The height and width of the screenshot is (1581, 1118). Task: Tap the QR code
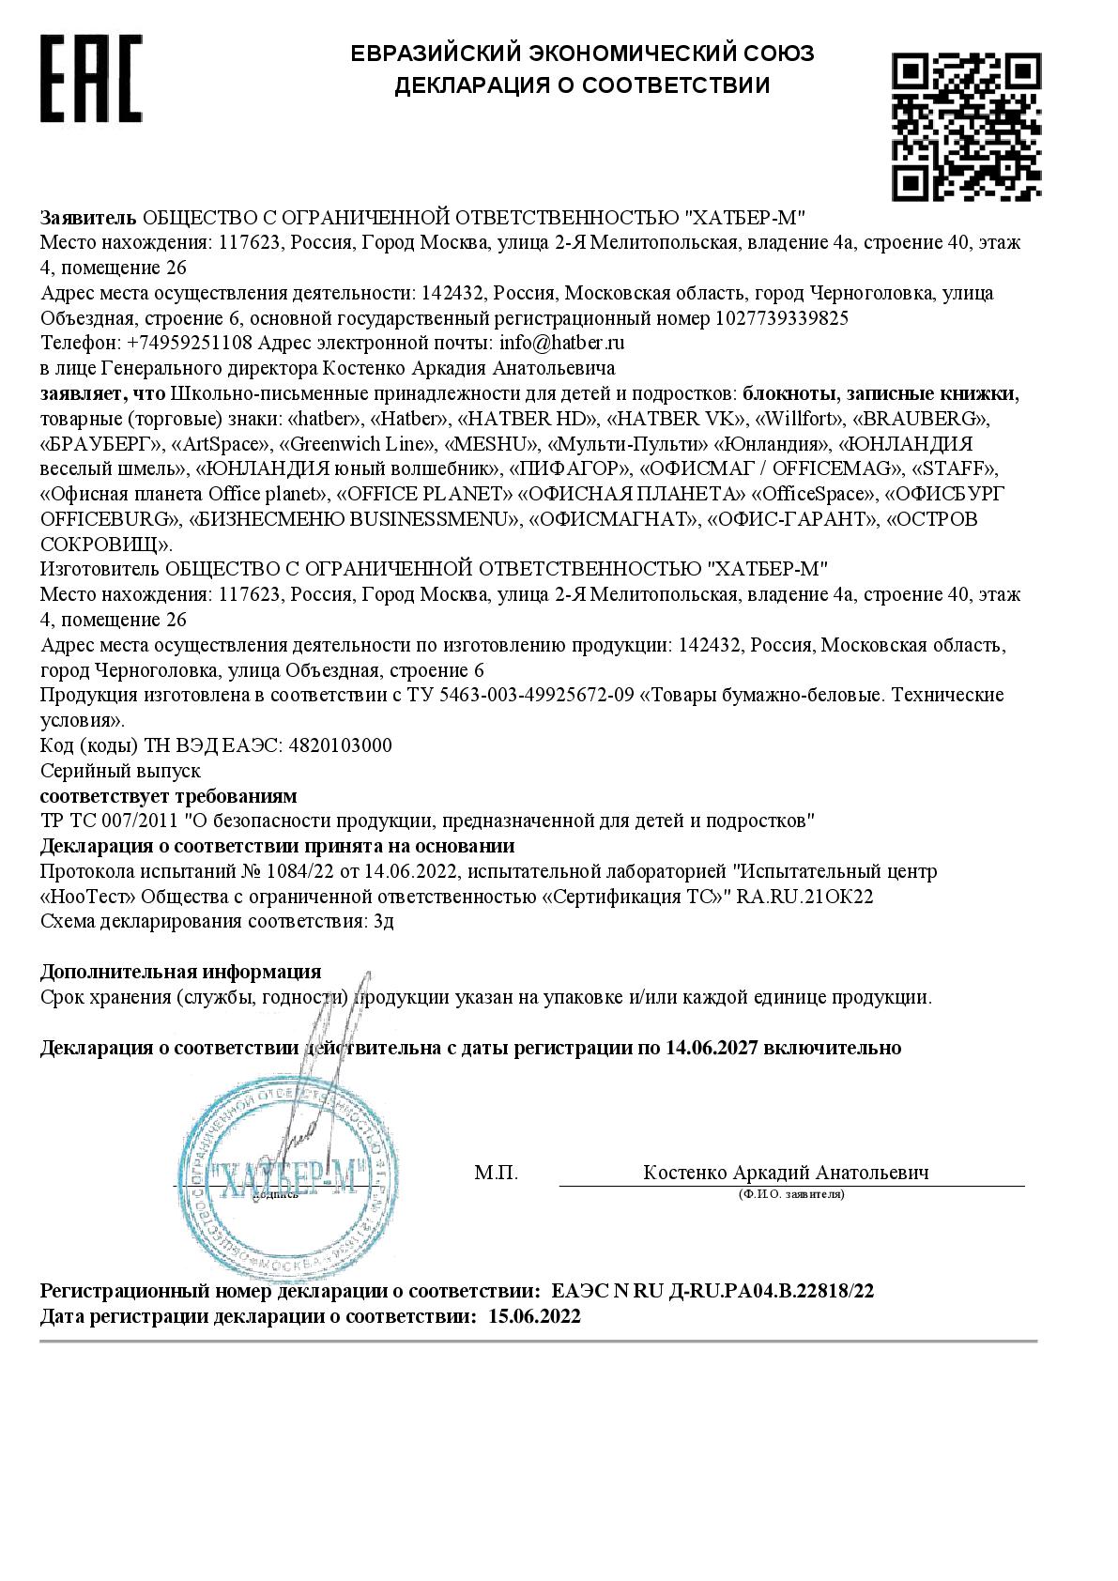[965, 127]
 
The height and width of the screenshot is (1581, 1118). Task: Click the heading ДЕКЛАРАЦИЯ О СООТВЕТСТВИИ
[581, 86]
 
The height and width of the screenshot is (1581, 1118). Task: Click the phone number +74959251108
[189, 343]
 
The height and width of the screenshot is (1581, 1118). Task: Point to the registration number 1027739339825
[781, 318]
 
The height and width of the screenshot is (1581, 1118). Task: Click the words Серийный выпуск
[121, 771]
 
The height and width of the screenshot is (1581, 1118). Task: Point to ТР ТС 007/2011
[110, 821]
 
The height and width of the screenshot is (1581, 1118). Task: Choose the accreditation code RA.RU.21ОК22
[804, 897]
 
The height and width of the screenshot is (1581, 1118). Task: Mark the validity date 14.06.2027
[712, 1048]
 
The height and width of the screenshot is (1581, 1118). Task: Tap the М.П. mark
[496, 1174]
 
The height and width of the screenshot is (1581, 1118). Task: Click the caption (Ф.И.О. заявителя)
[790, 1194]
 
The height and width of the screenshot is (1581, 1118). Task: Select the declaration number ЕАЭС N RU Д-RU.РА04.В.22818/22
[712, 1292]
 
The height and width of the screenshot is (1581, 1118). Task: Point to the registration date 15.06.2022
[534, 1316]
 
